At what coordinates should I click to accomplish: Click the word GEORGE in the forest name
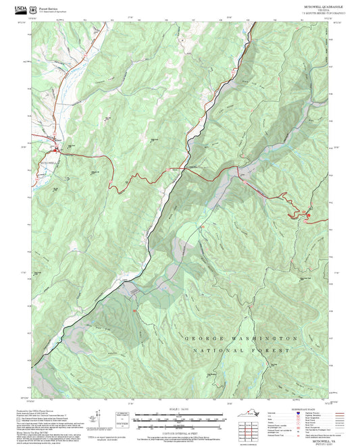tap(202, 338)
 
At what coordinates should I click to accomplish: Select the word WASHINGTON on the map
tap(263, 338)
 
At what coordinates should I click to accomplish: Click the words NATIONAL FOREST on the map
tap(240, 351)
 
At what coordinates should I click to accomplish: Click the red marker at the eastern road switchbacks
tap(308, 215)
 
